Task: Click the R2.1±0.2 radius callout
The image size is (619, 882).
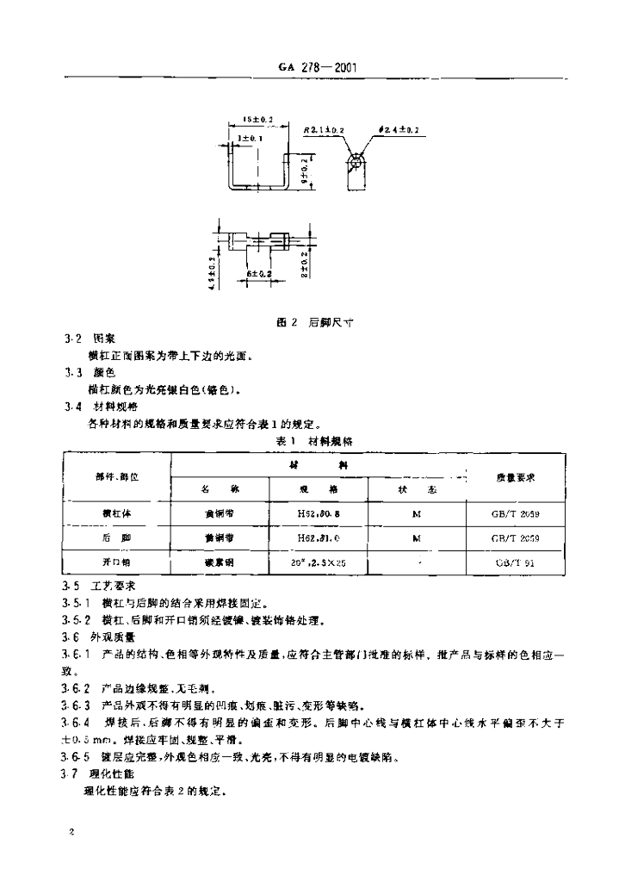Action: [325, 130]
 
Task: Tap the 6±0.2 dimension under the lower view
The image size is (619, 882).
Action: [259, 273]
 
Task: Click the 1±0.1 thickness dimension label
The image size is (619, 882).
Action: [251, 137]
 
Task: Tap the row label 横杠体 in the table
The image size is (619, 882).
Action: [117, 514]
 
